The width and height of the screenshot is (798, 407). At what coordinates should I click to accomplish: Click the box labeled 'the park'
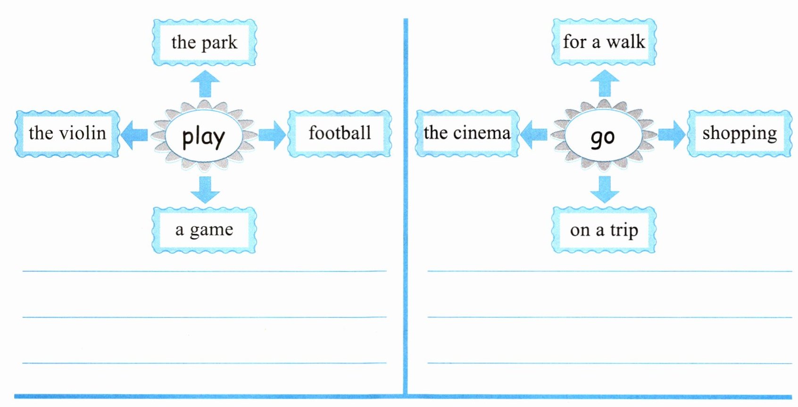[x=204, y=42]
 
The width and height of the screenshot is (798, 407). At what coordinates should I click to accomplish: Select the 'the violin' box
[x=67, y=133]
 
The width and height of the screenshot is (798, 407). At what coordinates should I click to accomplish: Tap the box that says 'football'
[x=340, y=133]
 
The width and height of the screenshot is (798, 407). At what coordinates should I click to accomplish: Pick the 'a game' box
[x=204, y=230]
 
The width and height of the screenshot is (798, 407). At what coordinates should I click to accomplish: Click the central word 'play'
[x=204, y=137]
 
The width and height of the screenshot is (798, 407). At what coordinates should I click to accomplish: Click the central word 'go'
[x=603, y=137]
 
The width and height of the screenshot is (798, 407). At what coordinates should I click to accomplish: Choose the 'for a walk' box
[x=604, y=42]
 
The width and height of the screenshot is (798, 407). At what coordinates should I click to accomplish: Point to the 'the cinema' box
[x=467, y=133]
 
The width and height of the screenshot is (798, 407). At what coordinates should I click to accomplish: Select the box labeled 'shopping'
[x=740, y=133]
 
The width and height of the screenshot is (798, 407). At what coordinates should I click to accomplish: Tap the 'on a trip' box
[x=604, y=230]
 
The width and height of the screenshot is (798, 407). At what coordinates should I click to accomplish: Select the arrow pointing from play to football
[x=272, y=135]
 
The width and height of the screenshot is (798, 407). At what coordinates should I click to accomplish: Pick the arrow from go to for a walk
[x=605, y=83]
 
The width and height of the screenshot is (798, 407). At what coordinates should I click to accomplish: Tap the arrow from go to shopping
[x=672, y=135]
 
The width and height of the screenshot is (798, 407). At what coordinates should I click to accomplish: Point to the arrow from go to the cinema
[x=533, y=135]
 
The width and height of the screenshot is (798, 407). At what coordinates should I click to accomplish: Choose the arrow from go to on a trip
[x=605, y=189]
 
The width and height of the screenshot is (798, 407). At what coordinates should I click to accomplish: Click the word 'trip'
[x=624, y=231]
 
